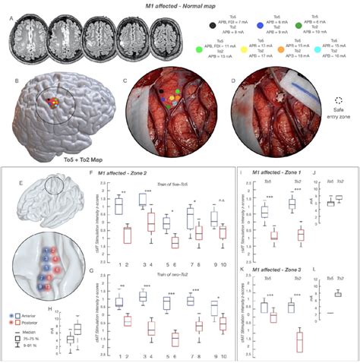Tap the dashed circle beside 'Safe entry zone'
(x=337, y=99)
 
